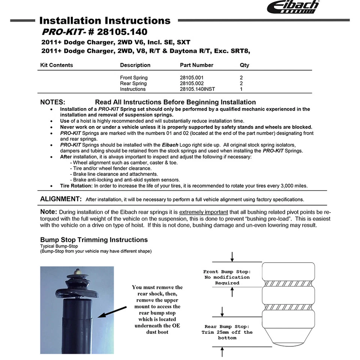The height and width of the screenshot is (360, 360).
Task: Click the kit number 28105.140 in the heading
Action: click(x=122, y=32)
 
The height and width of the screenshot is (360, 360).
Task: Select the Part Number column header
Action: click(x=196, y=65)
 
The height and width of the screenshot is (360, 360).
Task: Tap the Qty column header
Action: click(x=244, y=65)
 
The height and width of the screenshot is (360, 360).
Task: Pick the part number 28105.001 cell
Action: click(x=192, y=78)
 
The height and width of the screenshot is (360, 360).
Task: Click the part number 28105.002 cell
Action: click(x=192, y=83)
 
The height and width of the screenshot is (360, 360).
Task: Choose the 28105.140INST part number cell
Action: click(x=198, y=89)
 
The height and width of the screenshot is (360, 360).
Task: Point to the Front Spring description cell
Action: click(x=133, y=78)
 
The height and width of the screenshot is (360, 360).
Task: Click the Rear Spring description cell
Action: click(x=133, y=83)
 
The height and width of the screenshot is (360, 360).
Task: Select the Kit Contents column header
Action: click(x=57, y=65)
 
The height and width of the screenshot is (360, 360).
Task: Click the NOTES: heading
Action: click(x=52, y=102)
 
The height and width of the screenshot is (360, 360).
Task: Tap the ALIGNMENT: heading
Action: click(x=61, y=199)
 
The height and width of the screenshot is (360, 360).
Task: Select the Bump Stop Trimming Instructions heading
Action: click(x=94, y=240)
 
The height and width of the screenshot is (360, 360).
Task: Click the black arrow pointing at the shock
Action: click(x=112, y=311)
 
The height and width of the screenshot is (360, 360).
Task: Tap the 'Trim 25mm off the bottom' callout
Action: click(x=227, y=332)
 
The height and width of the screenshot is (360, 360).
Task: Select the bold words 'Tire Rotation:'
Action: click(x=76, y=186)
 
